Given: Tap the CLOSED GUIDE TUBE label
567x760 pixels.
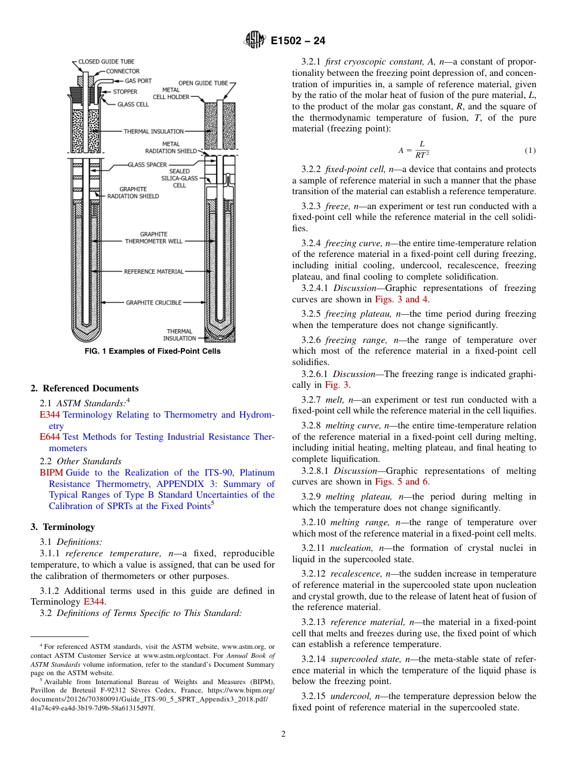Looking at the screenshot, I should [x=106, y=62].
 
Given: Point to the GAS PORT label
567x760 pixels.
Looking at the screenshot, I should [x=138, y=81].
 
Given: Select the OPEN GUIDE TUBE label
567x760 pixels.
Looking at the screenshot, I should [x=204, y=83].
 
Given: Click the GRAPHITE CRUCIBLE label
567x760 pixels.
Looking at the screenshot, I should [x=153, y=303].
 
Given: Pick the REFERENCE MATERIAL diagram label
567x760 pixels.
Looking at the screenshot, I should [x=154, y=272].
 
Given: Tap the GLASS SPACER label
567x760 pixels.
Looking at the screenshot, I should [x=147, y=164].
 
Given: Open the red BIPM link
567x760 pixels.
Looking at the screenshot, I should [x=51, y=473].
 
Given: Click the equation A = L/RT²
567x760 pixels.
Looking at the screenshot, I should [x=414, y=149].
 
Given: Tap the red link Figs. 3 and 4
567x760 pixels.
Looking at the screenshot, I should [x=401, y=299].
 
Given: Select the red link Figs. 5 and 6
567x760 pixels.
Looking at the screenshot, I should [x=401, y=482].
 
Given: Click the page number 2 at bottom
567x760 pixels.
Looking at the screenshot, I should [x=283, y=734].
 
